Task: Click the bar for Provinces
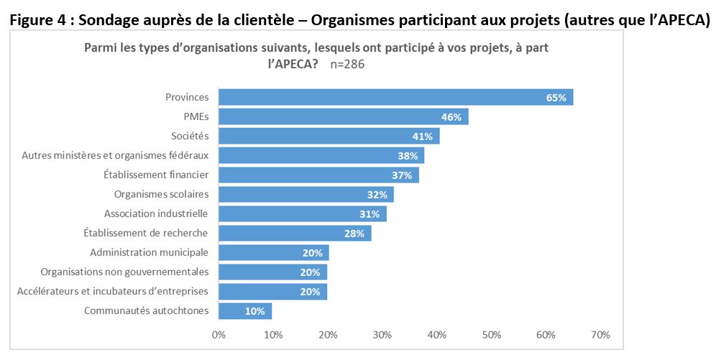(x=395, y=97)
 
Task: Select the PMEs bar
(x=343, y=116)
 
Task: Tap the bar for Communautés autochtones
(x=245, y=310)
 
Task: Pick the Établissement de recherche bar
(x=295, y=233)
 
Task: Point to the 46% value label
(x=451, y=116)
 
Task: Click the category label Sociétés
(x=190, y=136)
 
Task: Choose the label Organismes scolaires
(x=161, y=194)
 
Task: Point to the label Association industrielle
(x=156, y=213)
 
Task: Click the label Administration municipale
(x=149, y=252)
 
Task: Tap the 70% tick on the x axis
(x=600, y=335)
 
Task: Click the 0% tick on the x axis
(x=219, y=335)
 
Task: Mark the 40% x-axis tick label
(x=436, y=335)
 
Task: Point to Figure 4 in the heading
(x=37, y=20)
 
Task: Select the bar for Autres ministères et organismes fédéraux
(x=321, y=155)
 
